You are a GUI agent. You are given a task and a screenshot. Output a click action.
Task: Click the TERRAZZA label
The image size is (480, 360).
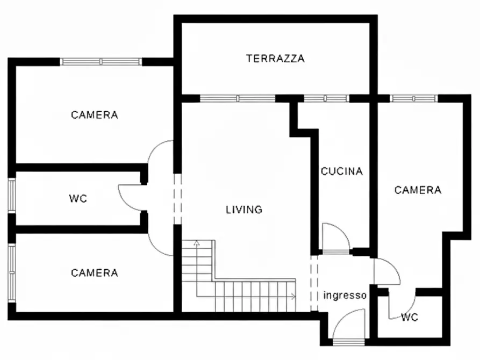point(275,59)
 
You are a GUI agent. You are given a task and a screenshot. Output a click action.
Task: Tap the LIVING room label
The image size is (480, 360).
point(244,210)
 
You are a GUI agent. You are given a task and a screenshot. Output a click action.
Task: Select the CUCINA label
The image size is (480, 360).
point(342,172)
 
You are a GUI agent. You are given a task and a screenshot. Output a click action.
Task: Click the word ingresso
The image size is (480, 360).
point(345,296)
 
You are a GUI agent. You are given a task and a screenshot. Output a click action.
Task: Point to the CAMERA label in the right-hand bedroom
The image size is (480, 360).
point(418,190)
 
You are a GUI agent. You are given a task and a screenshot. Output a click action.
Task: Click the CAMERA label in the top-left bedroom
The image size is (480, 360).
point(95,115)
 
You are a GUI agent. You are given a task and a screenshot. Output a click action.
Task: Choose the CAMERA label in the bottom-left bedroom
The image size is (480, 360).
point(95,273)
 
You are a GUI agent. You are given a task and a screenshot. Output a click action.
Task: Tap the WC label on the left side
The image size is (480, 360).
point(77,198)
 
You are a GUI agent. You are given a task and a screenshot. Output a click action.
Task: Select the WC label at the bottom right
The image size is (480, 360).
point(409,318)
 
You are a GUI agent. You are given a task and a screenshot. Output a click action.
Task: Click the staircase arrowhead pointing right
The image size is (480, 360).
point(293,296)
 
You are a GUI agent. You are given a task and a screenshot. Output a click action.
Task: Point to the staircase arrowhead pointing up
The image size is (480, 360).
point(197,243)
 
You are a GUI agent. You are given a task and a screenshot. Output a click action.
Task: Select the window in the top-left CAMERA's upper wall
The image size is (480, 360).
point(101,62)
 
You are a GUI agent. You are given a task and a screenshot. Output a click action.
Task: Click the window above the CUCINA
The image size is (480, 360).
point(326,98)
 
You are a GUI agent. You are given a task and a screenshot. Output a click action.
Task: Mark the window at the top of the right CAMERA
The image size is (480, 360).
point(413,98)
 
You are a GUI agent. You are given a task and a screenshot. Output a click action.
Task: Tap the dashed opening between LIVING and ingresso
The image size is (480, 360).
point(314,283)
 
